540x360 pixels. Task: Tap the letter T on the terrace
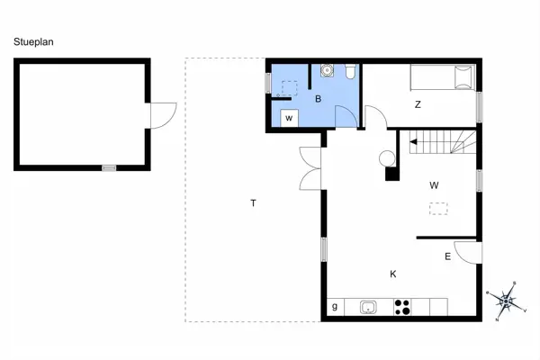coord(254,202)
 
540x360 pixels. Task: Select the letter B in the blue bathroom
coord(317,99)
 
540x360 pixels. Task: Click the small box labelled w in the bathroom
coord(289,118)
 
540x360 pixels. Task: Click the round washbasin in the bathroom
coord(327,71)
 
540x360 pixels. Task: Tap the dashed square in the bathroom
coord(290,88)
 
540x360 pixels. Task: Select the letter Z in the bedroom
coord(418,104)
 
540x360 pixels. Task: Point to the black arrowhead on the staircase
coord(413,141)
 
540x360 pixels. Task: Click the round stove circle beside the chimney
coord(388,159)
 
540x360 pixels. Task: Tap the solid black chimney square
coord(391,175)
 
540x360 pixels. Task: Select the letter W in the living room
coord(434,185)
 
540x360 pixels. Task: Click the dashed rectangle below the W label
coord(438,209)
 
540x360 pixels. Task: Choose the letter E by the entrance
coord(447,256)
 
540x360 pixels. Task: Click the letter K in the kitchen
coord(393,274)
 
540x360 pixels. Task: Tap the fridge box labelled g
coord(335,308)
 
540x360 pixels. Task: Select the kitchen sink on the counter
coord(368,308)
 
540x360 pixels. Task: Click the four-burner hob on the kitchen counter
coord(402,308)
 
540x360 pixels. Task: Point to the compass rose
coord(506,299)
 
